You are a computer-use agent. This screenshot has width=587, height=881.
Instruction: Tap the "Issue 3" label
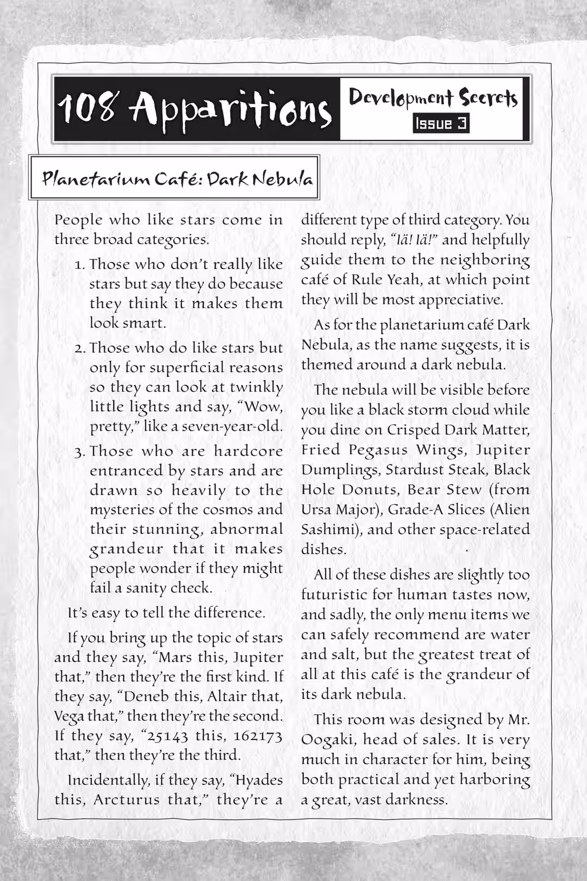tap(441, 124)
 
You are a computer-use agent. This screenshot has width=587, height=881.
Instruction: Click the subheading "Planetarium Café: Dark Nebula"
tap(177, 178)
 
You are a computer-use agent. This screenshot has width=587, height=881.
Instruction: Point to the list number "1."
tap(80, 265)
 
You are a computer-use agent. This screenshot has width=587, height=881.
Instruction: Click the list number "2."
tap(80, 349)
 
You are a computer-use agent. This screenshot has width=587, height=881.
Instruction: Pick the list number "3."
tap(80, 452)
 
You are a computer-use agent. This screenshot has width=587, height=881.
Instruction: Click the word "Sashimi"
tap(329, 530)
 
